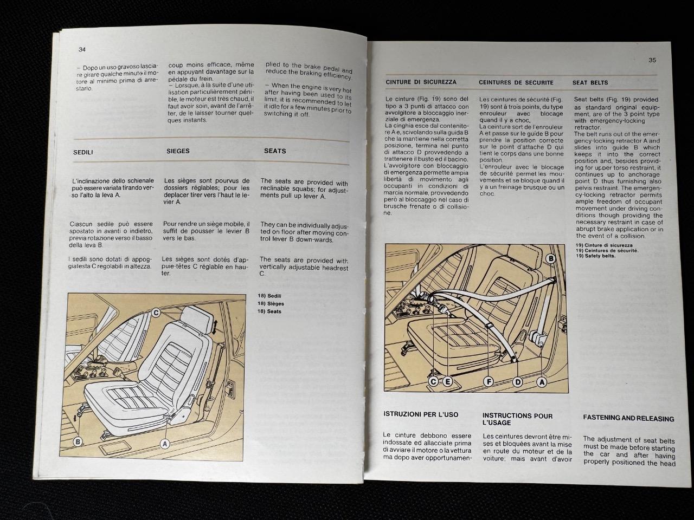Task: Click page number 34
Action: coord(82,49)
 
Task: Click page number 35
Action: coord(652,60)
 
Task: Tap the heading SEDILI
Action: coord(83,153)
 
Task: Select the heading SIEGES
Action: coord(178,151)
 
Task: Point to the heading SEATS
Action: coord(275,151)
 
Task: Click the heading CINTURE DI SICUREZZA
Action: coord(421,82)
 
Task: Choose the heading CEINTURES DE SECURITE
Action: coord(516,83)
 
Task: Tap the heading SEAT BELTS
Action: coord(590,83)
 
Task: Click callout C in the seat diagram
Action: coord(155,313)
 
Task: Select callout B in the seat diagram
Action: coord(78,442)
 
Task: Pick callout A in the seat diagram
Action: coord(165,444)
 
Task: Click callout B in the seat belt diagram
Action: coord(551,259)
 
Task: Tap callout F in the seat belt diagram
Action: coord(489,382)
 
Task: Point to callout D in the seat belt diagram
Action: coord(518,382)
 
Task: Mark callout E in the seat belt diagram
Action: coord(448,382)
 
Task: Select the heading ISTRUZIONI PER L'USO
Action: coord(421,415)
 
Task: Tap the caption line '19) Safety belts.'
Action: coord(596,256)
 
